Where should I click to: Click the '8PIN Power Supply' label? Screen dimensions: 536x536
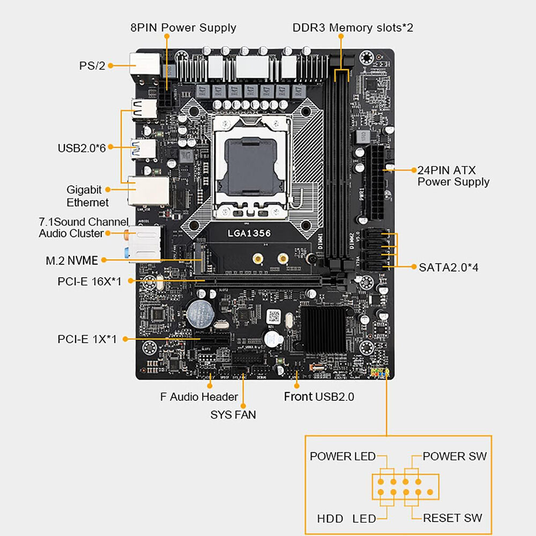[183, 27]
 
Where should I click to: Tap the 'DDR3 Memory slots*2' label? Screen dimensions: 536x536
[353, 27]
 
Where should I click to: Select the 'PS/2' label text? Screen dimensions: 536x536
[92, 65]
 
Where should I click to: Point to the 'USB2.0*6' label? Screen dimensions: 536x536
[81, 147]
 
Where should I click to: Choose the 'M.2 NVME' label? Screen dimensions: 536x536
[72, 260]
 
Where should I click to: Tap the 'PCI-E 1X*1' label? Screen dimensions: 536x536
[87, 339]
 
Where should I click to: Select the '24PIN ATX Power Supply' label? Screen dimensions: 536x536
[453, 176]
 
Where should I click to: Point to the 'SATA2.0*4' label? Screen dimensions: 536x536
[449, 266]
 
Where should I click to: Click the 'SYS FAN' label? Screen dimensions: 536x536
[233, 414]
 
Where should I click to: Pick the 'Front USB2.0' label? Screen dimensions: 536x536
[319, 397]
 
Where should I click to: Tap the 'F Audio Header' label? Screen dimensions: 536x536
[199, 397]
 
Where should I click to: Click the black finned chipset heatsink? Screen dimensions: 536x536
[323, 329]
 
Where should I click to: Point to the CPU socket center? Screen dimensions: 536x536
[252, 165]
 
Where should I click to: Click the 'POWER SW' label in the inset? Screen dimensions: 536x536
[455, 456]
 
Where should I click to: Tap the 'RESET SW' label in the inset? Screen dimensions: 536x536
[452, 518]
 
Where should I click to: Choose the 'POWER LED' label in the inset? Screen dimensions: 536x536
[343, 456]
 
